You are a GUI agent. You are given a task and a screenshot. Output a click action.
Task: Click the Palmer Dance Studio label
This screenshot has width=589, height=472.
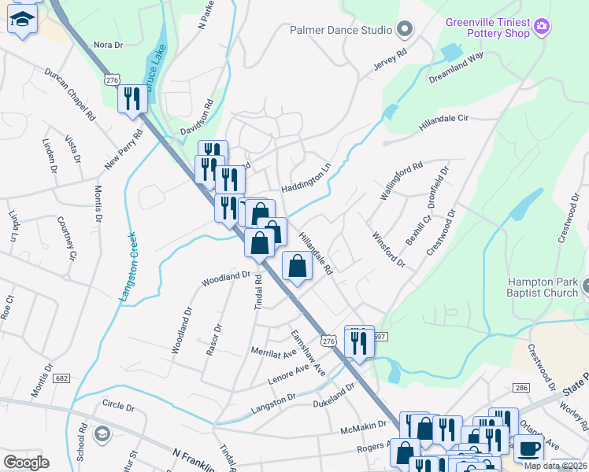click(x=341, y=31)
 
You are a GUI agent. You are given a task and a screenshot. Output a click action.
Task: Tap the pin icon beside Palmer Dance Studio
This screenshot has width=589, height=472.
click(x=406, y=31)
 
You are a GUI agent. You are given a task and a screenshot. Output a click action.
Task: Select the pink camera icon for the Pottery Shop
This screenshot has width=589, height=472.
click(x=541, y=28)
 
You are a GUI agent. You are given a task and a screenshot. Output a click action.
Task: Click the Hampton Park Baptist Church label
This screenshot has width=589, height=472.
click(x=543, y=287)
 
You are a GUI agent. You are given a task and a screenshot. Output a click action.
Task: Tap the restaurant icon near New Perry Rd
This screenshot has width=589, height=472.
click(x=132, y=99)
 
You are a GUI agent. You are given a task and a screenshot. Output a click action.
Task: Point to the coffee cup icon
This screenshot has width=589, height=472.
click(x=528, y=448)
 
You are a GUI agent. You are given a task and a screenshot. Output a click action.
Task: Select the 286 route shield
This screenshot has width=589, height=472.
click(x=520, y=388)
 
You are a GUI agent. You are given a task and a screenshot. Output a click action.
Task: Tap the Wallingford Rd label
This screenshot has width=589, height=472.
click(x=401, y=181)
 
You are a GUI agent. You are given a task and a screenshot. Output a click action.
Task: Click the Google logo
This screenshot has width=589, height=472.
click(x=26, y=462)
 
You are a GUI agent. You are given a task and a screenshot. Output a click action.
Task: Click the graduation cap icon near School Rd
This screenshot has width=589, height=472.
click(x=101, y=434)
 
